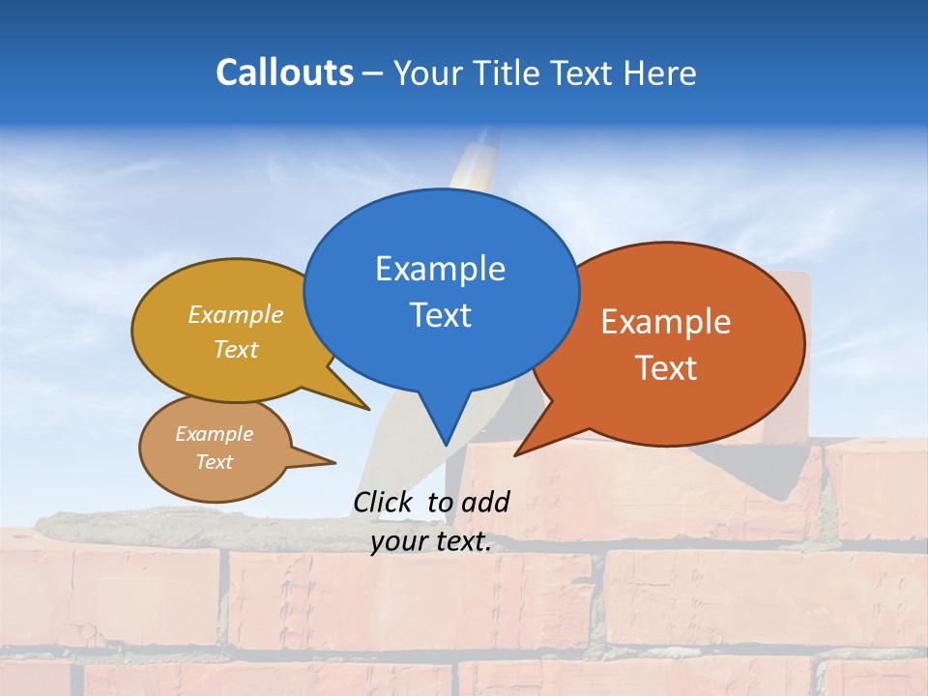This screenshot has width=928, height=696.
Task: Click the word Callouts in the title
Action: point(284,72)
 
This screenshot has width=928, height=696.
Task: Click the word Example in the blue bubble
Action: point(440,269)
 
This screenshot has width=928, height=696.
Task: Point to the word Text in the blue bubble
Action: point(440,315)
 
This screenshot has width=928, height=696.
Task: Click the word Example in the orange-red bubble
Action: point(666,322)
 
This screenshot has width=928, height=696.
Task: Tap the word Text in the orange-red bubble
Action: point(666,368)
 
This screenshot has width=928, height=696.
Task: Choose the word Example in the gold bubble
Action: point(236,314)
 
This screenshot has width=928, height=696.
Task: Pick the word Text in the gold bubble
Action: point(236,349)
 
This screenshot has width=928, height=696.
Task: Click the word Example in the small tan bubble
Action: point(214,434)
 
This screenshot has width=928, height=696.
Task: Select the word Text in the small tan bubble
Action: point(214,462)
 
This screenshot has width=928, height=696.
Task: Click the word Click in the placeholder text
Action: point(384,502)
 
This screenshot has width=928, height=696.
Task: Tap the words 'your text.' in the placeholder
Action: point(430,541)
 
